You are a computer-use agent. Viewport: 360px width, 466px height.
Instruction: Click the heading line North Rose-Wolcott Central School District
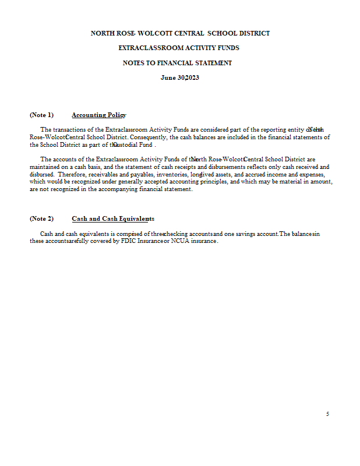click(180, 33)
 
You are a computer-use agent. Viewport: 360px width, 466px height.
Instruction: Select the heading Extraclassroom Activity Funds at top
click(179, 48)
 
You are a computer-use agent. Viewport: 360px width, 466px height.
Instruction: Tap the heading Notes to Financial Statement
click(177, 63)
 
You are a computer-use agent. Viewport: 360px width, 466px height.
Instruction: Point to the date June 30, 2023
click(179, 77)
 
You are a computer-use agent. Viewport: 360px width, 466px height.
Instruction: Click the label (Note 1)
click(41, 115)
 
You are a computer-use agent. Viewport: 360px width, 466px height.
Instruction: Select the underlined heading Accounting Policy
click(99, 115)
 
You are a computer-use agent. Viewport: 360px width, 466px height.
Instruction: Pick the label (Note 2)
click(41, 218)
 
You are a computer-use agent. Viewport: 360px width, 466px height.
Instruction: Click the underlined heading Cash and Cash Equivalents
click(113, 218)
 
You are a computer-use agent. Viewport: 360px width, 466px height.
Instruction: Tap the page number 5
click(327, 414)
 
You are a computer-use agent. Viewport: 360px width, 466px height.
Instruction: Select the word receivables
click(87, 174)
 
